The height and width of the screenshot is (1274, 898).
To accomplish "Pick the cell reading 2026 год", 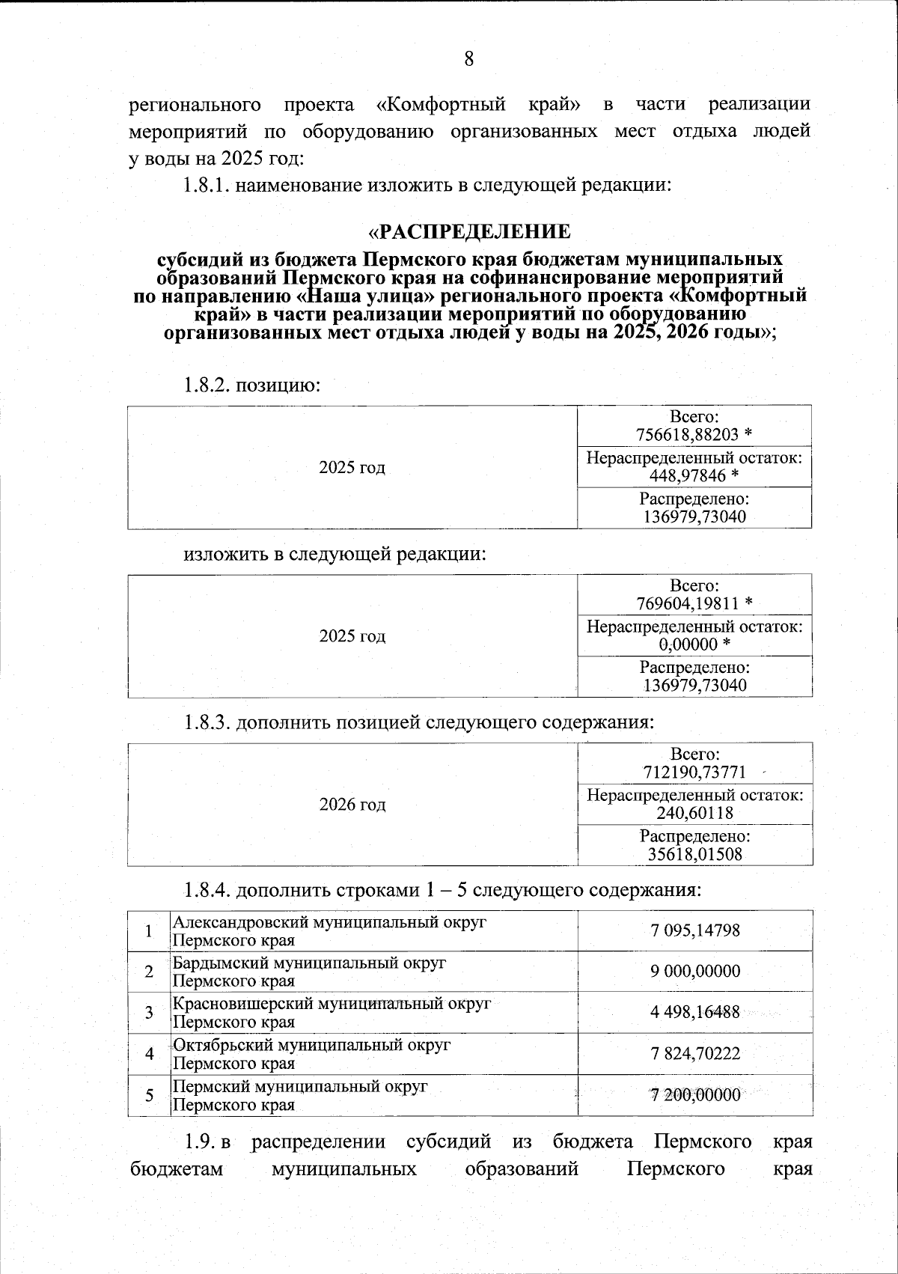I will (x=352, y=805).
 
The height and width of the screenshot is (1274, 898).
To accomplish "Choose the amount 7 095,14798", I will (x=695, y=930).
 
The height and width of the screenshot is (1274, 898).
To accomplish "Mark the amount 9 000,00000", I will (x=695, y=972).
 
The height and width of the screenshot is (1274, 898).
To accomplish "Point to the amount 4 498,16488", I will (x=695, y=1013).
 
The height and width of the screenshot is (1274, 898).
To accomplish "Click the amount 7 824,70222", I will (x=695, y=1054).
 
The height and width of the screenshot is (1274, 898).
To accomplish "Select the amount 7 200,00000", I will (x=695, y=1095).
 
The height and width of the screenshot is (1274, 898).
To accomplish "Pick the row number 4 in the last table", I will (x=150, y=1054).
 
